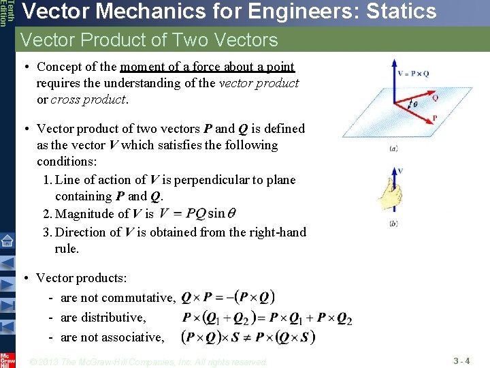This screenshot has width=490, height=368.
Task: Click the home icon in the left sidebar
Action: click(7, 241)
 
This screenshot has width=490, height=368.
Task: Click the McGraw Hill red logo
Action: click(7, 359)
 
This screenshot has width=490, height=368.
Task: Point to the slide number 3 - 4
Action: click(461, 360)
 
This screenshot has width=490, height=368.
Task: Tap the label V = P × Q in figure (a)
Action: click(412, 72)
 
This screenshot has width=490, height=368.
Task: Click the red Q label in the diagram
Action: click(435, 97)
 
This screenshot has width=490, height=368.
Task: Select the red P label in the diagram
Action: click(434, 117)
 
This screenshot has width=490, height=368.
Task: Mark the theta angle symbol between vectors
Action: click(414, 104)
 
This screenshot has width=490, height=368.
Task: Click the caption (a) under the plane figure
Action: click(394, 148)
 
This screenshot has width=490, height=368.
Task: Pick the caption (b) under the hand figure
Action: click(394, 224)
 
